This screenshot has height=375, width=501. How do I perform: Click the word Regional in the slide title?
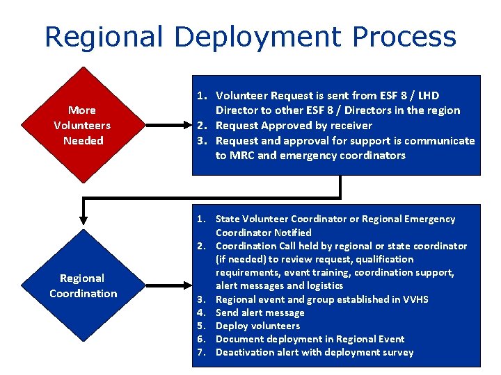[103, 37]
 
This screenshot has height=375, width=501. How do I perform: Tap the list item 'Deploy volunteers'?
[257, 326]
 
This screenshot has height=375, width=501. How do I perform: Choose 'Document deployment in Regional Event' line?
[310, 339]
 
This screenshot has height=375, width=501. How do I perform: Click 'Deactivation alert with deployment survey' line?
[315, 352]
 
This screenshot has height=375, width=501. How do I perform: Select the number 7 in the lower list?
[200, 352]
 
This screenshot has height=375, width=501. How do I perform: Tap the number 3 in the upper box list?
[200, 140]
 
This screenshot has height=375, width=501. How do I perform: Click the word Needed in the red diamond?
[83, 141]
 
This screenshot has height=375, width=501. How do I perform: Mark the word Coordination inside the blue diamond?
[83, 294]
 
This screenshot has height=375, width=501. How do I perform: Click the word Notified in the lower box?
[293, 233]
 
